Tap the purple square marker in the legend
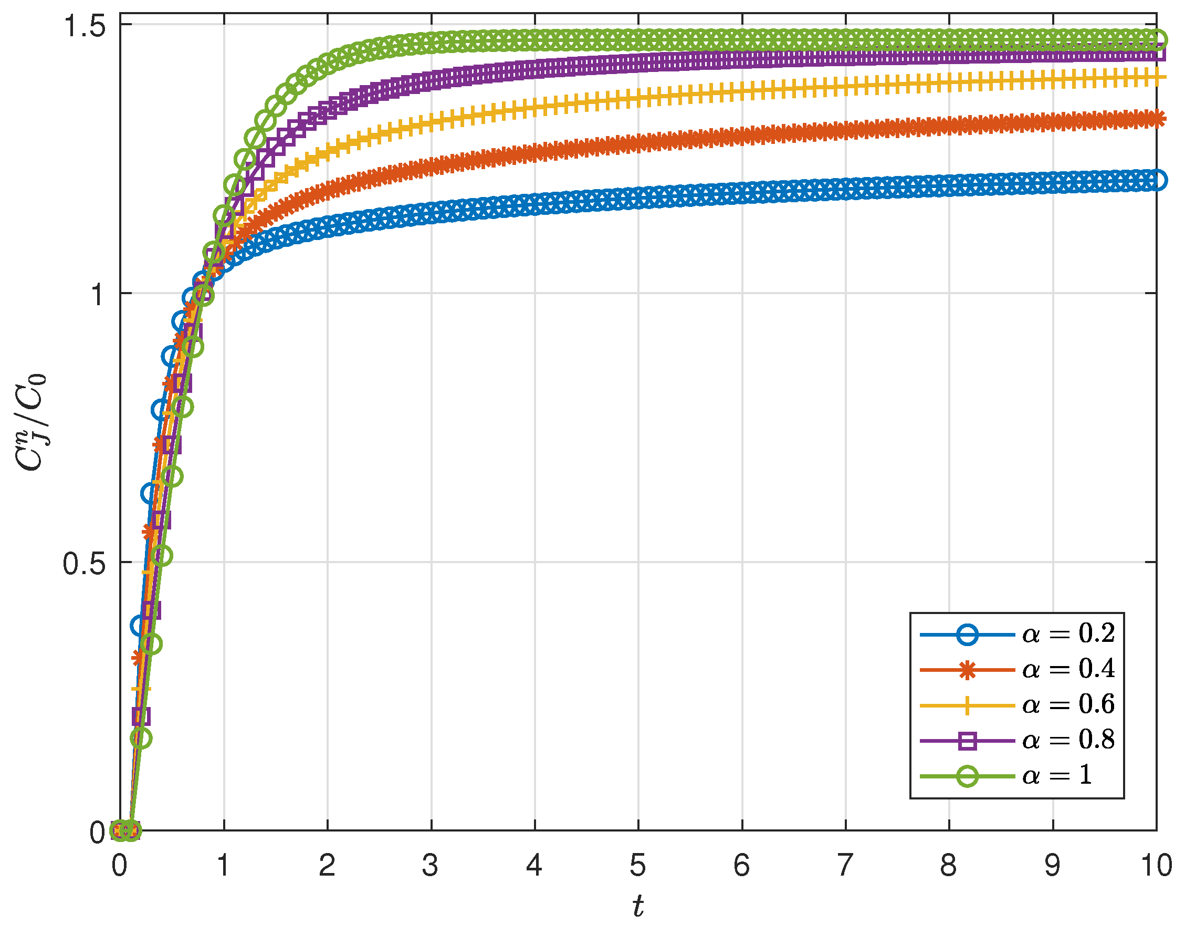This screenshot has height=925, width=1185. [x=968, y=741]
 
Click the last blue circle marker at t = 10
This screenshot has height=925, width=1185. [x=1156, y=180]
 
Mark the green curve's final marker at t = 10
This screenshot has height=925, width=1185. [x=1156, y=39]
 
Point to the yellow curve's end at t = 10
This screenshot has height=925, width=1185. [x=1156, y=77]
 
